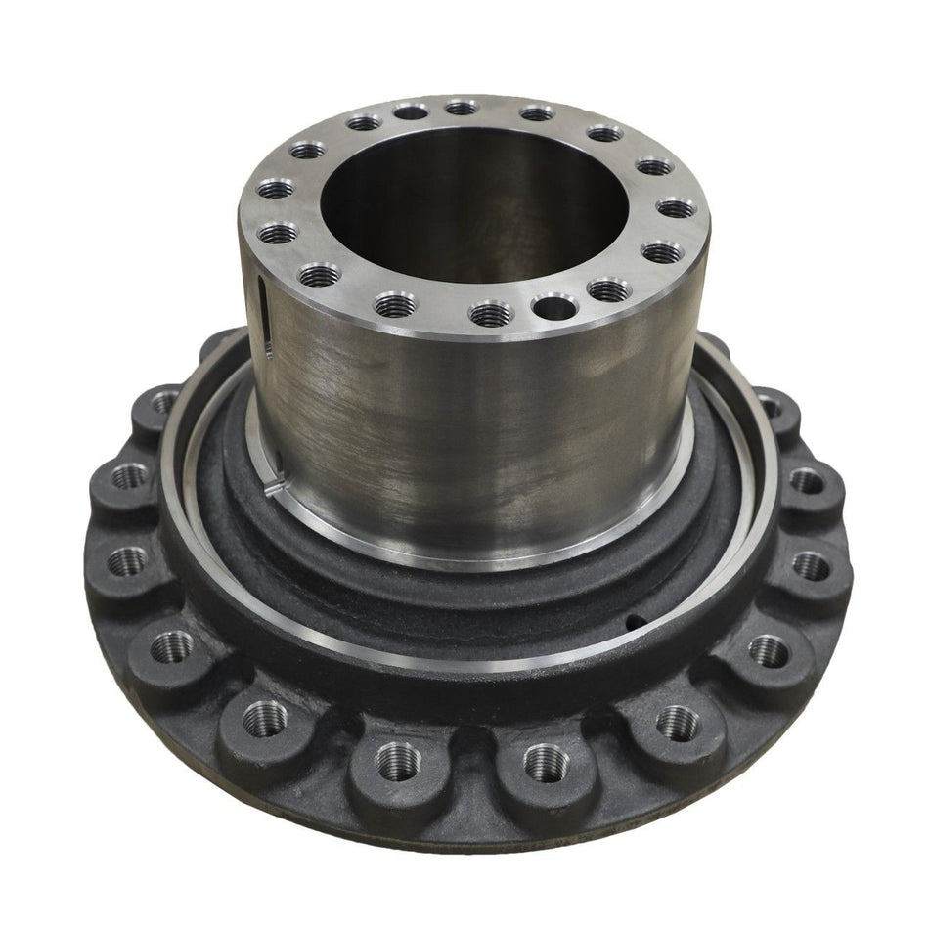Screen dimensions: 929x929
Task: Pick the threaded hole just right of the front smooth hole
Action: coord(608,289)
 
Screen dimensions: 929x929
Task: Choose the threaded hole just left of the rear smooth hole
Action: coord(364,122)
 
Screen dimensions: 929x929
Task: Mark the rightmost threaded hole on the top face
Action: coord(677,208)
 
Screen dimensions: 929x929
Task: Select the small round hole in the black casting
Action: coord(636,618)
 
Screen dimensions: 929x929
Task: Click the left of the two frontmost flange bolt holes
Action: coord(398,760)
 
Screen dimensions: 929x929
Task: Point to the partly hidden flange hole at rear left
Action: coord(164,402)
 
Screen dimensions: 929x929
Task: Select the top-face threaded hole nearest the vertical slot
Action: coord(319,275)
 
